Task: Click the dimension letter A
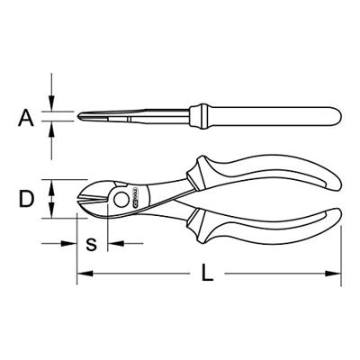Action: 26,118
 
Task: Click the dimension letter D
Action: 26,198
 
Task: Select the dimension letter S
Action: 91,244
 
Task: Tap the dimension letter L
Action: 207,273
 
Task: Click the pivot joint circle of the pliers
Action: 121,200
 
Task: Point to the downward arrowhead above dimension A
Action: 51,103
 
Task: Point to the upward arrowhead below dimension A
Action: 51,129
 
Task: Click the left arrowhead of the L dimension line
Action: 85,274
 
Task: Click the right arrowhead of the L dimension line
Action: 333,274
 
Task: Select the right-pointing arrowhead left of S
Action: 69,243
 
